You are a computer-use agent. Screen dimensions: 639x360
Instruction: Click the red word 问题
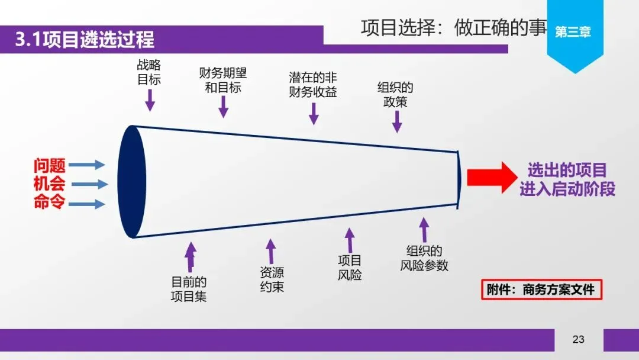coord(50,166)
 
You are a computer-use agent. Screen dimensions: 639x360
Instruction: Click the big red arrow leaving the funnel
coord(489,178)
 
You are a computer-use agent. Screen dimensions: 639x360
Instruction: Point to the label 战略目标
coord(149,72)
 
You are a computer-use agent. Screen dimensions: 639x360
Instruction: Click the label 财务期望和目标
coord(223,81)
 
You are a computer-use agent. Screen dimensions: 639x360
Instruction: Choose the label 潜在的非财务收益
coord(313,85)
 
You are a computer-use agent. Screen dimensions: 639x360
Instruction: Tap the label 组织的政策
coord(395,95)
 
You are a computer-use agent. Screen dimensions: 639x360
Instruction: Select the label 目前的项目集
coord(189,289)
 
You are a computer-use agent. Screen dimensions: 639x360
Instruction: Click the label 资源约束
coord(272,280)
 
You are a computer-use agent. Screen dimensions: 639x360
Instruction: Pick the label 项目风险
coord(350,268)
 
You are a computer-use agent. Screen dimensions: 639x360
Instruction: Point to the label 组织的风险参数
coord(424,258)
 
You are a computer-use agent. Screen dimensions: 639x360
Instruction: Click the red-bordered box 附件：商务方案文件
coord(541,290)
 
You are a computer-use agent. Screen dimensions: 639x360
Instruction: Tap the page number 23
coord(578,339)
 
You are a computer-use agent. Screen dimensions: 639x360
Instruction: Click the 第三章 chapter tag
coord(573,33)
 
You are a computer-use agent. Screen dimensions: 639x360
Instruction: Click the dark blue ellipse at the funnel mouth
coord(131,182)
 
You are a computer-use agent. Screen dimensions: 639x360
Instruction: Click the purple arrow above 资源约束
coord(270,251)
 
